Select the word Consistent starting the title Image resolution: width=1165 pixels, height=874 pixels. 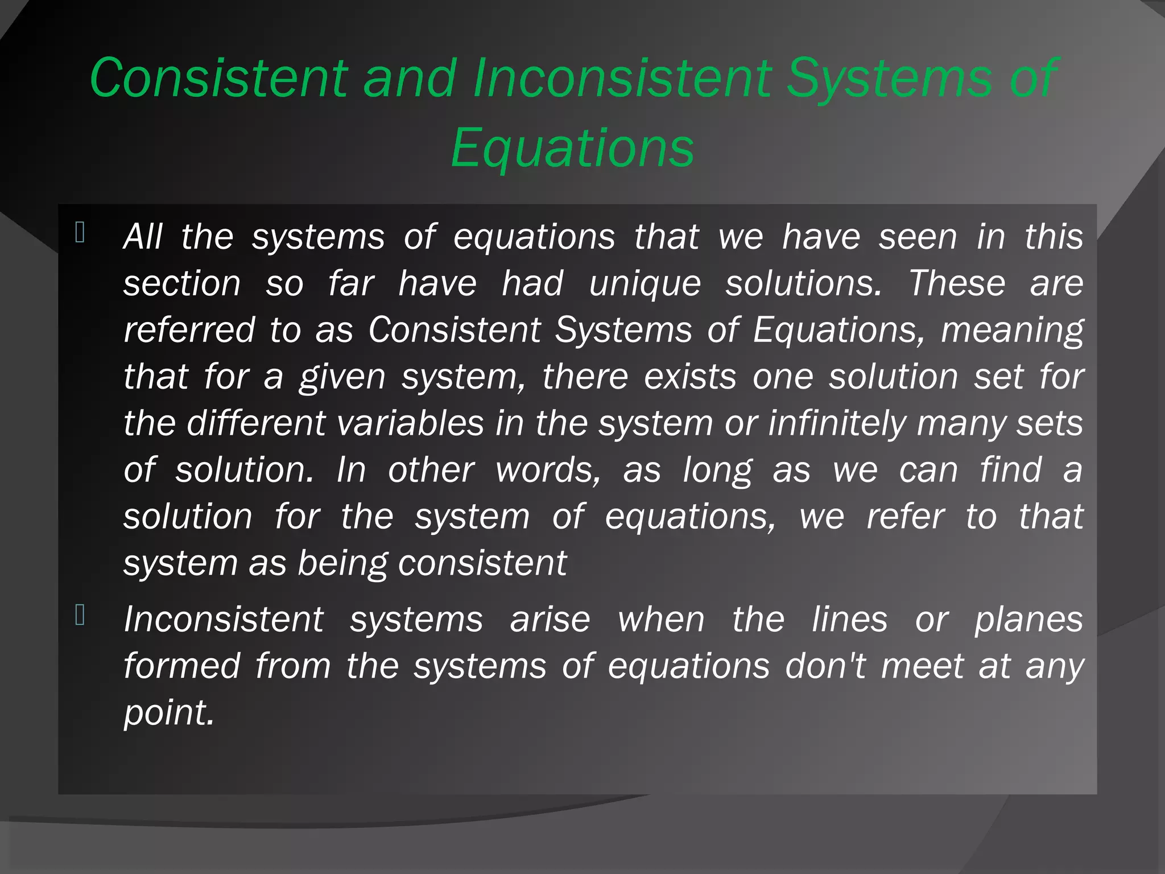click(219, 79)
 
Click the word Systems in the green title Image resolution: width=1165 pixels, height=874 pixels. click(890, 79)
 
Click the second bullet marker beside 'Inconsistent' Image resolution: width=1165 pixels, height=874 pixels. click(80, 615)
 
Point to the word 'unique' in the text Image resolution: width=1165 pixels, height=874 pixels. click(645, 283)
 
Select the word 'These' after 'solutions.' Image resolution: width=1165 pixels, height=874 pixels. click(957, 283)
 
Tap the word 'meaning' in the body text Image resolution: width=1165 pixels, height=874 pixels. click(1012, 330)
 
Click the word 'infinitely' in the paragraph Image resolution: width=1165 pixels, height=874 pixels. click(837, 423)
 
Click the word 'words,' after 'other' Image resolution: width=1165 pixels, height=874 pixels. click(548, 470)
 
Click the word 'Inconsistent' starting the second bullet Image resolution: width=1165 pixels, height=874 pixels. click(224, 619)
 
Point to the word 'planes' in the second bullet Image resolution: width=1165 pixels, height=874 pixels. click(1028, 619)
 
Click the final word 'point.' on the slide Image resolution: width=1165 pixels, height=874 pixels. click(169, 712)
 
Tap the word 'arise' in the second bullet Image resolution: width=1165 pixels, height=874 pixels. click(550, 619)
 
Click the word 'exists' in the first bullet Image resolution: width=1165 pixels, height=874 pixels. click(690, 377)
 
